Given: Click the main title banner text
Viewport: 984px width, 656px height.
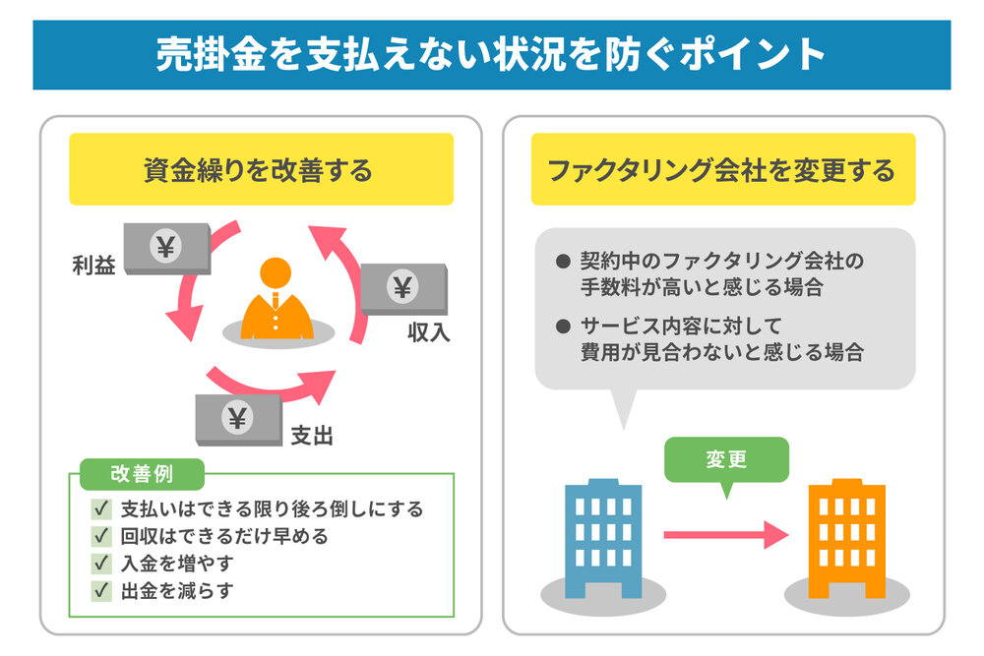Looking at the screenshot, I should (x=491, y=54).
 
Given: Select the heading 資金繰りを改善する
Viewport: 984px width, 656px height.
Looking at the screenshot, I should (x=260, y=170).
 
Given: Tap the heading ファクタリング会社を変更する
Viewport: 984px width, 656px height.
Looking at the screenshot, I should (x=722, y=170).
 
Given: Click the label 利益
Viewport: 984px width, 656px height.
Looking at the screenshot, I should (x=93, y=266).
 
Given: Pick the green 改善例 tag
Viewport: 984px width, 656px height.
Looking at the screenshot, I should (x=141, y=474).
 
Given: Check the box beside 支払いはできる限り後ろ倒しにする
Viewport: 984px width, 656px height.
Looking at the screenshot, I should (x=100, y=509).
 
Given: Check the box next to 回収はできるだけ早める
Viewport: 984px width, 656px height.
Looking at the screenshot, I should (x=100, y=537).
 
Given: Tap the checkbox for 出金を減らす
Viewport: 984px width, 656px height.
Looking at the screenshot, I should (x=100, y=591).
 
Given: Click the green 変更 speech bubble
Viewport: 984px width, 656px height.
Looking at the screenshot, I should (x=726, y=460).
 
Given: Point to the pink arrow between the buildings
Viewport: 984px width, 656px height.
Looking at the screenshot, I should (x=726, y=535).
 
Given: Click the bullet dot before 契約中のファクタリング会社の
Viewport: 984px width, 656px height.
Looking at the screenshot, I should (x=563, y=262).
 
